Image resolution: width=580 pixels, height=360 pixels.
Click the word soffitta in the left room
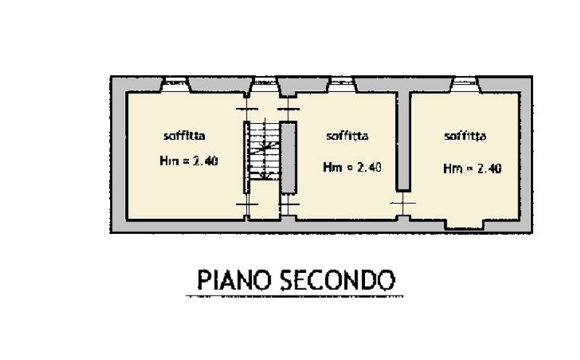tap(184, 135)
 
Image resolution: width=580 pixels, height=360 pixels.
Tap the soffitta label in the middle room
tap(347, 136)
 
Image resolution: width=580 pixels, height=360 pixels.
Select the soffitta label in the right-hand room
tap(465, 136)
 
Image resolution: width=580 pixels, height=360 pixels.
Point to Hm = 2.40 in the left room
tap(189, 161)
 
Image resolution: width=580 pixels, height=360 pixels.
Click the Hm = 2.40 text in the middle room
tap(352, 167)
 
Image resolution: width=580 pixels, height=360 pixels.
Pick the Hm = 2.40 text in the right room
tap(472, 169)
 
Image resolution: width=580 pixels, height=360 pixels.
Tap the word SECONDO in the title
tap(337, 280)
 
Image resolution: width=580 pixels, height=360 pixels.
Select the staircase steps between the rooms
tap(264, 151)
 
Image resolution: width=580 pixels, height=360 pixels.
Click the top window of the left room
tap(176, 85)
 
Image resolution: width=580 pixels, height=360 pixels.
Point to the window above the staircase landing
tap(265, 85)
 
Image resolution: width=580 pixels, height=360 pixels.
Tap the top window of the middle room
tap(342, 85)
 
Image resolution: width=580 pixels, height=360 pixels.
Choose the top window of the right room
tap(465, 85)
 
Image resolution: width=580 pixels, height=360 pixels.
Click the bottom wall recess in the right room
tap(465, 225)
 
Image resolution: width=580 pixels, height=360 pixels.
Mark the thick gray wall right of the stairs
tap(288, 157)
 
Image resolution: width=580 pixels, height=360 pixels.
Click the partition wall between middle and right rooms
tap(403, 141)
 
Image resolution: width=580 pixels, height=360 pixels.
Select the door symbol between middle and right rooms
tap(403, 203)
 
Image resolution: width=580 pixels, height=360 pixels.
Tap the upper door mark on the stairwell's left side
tap(247, 109)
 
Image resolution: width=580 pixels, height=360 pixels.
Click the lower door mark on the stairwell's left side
tap(247, 204)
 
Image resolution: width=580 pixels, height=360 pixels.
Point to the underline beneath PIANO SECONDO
tap(295, 296)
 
